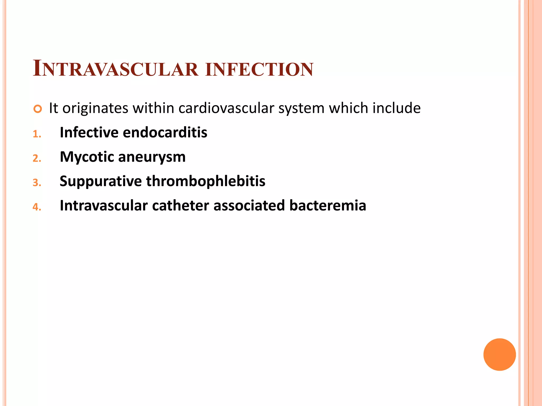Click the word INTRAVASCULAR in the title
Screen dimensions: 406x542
[x=116, y=69]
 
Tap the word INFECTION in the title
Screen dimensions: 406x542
[x=259, y=69]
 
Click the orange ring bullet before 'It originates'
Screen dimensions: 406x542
[x=38, y=109]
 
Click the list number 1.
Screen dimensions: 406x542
[x=37, y=134]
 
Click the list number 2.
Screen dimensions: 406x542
[x=37, y=159]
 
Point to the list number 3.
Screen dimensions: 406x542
[x=37, y=183]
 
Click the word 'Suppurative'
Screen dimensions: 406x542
[x=101, y=182]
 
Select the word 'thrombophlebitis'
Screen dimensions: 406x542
[x=206, y=181]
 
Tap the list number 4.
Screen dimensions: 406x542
[x=37, y=207]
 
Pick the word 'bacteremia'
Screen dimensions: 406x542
[x=328, y=206]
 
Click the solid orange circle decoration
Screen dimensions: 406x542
[x=499, y=354]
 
